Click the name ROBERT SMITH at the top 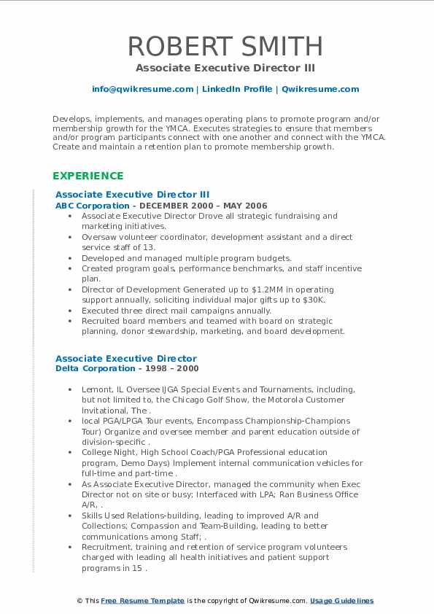tap(225, 46)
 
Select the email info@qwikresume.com tap(142, 89)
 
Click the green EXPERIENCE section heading tap(88, 176)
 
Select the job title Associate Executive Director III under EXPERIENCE tap(132, 195)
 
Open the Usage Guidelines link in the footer tap(341, 601)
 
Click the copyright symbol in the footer tap(80, 601)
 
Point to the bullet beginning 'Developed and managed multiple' tap(186, 258)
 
